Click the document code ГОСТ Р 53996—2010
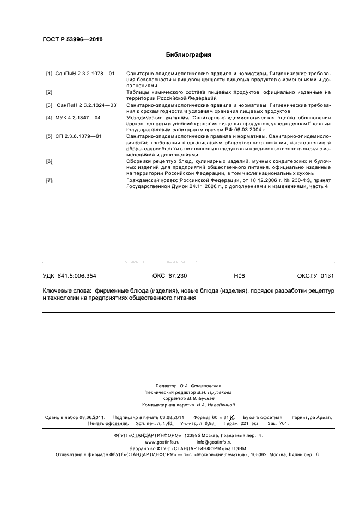(72, 40)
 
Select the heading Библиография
(188, 55)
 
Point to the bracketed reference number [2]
(49, 92)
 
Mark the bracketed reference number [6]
(49, 162)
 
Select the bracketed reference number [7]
(49, 180)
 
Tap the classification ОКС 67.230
(169, 276)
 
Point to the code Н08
(239, 276)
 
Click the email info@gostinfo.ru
(211, 441)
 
